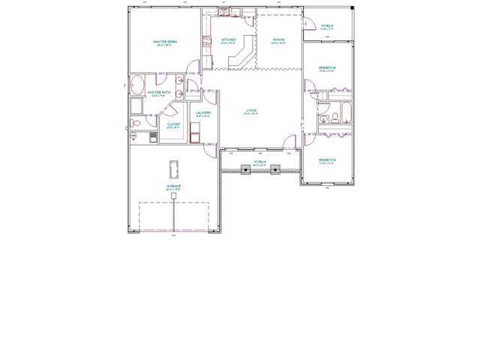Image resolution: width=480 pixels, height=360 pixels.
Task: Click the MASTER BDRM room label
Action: point(163,41)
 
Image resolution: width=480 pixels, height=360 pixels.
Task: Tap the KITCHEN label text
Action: point(229,39)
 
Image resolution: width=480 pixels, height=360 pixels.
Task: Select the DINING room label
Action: point(278,39)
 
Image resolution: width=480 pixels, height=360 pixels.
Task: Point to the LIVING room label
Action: point(251,111)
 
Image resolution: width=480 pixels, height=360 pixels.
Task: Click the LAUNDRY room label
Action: point(203,113)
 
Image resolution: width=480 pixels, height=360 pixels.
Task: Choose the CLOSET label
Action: point(173,124)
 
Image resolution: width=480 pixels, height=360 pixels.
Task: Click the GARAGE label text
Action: point(173,186)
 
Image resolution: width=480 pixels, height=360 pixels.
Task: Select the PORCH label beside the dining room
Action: point(327,25)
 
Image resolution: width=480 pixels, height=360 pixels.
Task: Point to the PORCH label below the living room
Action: point(260,162)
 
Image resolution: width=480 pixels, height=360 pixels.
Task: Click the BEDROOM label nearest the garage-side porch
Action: point(327,160)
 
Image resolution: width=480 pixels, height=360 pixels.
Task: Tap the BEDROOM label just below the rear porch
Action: point(327,67)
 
